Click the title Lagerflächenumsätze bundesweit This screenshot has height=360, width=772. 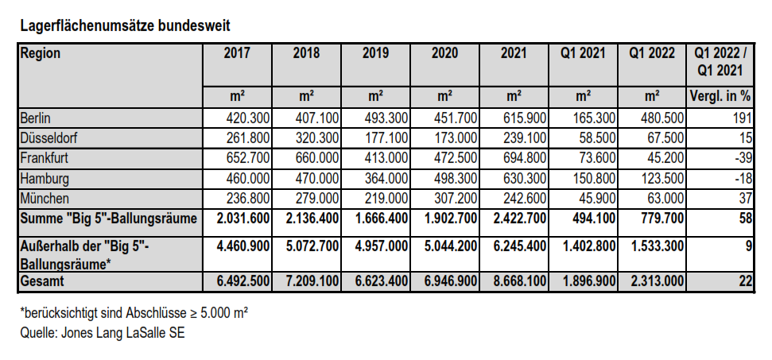pyautogui.click(x=125, y=25)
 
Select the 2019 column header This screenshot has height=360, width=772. pyautogui.click(x=375, y=53)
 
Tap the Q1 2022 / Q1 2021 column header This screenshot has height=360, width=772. pyautogui.click(x=720, y=61)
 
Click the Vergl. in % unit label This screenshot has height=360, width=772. pyautogui.click(x=720, y=96)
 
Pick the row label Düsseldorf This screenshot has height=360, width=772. pyautogui.click(x=48, y=138)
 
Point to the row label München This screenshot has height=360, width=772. pyautogui.click(x=45, y=198)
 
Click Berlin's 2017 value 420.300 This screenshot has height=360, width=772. pyautogui.click(x=248, y=118)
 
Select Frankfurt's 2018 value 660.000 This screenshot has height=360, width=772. pyautogui.click(x=317, y=158)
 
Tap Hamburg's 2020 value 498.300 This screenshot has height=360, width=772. pyautogui.click(x=456, y=178)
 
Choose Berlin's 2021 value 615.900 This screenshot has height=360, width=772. pyautogui.click(x=525, y=118)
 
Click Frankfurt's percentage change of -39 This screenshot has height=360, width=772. pyautogui.click(x=743, y=158)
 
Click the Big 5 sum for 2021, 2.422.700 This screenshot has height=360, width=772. pyautogui.click(x=520, y=218)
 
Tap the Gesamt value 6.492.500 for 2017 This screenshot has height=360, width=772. pyautogui.click(x=243, y=281)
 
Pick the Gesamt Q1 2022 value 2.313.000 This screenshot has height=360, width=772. pyautogui.click(x=658, y=281)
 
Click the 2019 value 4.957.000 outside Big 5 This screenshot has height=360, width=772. pyautogui.click(x=382, y=246)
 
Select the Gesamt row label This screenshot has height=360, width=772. pyautogui.click(x=42, y=281)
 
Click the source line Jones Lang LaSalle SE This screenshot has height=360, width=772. pyautogui.click(x=103, y=332)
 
